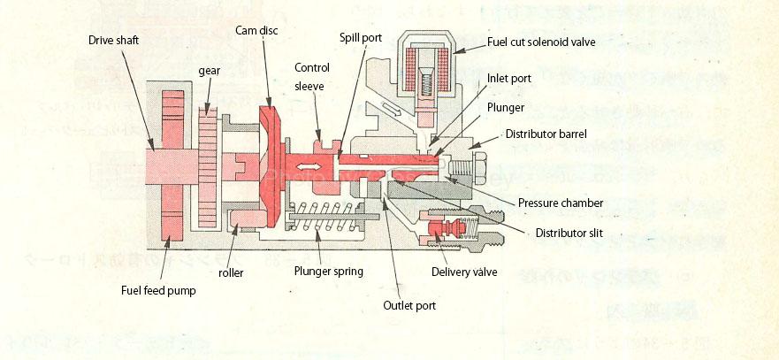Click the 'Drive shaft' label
pyautogui.click(x=113, y=40)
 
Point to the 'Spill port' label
pyautogui.click(x=363, y=38)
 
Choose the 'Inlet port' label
pyautogui.click(x=509, y=79)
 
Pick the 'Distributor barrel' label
pyautogui.click(x=547, y=134)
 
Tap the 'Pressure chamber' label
pyautogui.click(x=561, y=203)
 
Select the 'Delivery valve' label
pyautogui.click(x=461, y=272)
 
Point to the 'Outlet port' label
pyautogui.click(x=409, y=305)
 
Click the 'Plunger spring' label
pyautogui.click(x=328, y=272)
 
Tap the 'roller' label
pyautogui.click(x=231, y=272)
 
